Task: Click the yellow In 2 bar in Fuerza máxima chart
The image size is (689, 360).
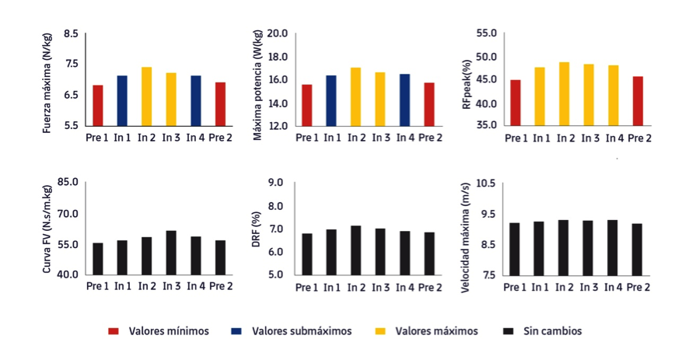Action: tap(146, 96)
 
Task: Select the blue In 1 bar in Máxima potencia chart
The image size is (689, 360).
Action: tap(331, 100)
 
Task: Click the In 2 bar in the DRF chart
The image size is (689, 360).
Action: tap(356, 250)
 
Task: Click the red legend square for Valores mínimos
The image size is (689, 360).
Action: tap(113, 331)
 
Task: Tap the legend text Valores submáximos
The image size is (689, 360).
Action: tap(302, 331)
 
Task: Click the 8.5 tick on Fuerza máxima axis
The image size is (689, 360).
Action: tap(71, 34)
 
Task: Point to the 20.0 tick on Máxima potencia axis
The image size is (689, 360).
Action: tap(278, 34)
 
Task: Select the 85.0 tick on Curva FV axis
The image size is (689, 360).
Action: tap(68, 183)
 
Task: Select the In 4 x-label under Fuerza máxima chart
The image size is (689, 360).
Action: tap(195, 138)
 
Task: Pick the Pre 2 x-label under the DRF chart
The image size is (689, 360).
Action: tap(428, 287)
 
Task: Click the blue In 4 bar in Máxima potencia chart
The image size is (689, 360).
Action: tap(404, 100)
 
